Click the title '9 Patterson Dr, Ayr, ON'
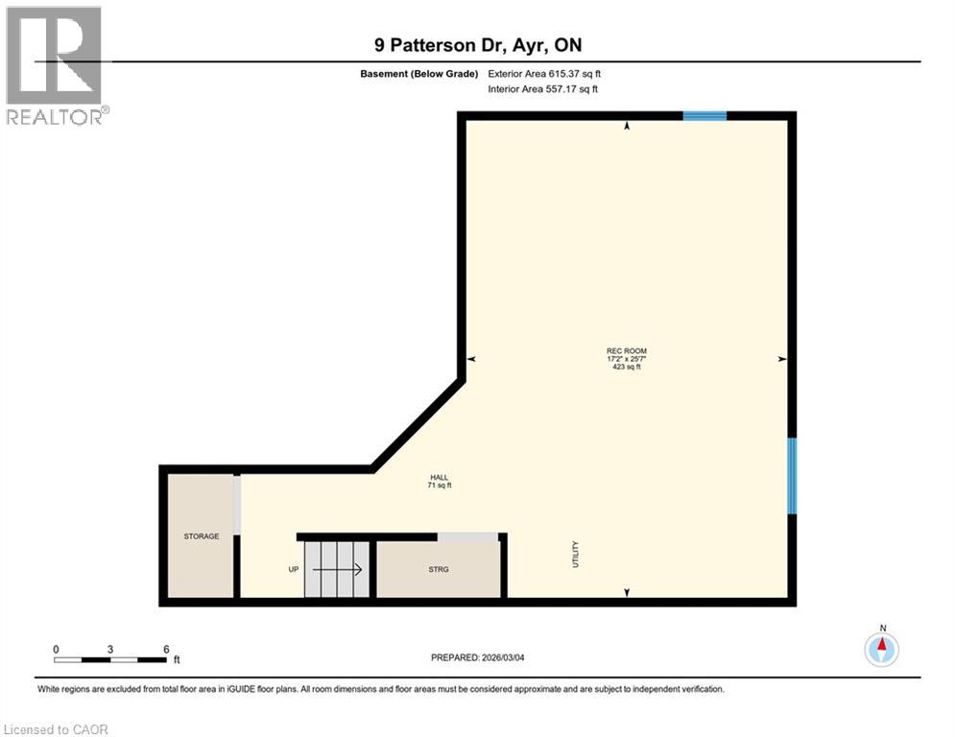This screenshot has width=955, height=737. (x=477, y=44)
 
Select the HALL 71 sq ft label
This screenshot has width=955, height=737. (x=439, y=482)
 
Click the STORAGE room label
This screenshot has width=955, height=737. (x=202, y=536)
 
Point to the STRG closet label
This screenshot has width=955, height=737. (x=439, y=569)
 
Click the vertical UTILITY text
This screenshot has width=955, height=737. (x=576, y=555)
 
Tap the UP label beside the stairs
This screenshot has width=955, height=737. (x=294, y=569)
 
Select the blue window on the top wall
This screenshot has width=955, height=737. (x=704, y=116)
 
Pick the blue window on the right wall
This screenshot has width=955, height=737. (x=792, y=475)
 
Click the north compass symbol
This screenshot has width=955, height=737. (x=881, y=650)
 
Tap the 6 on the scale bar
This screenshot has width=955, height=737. (x=166, y=649)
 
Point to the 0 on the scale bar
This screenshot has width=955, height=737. (x=56, y=649)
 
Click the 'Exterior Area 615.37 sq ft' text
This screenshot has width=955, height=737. (x=544, y=74)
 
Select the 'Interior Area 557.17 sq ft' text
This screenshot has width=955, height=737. (x=544, y=89)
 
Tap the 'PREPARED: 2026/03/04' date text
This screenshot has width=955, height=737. (x=478, y=657)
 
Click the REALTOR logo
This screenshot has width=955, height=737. (x=56, y=65)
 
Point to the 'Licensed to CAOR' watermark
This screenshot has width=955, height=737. (x=56, y=729)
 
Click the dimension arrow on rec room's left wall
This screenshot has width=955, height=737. (x=470, y=359)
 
